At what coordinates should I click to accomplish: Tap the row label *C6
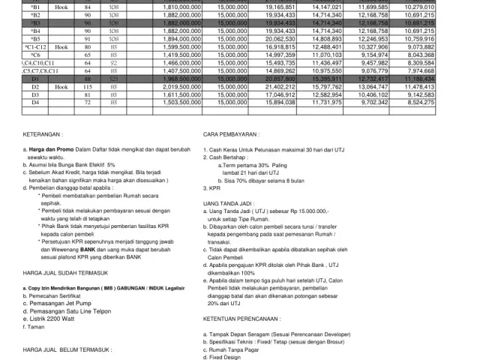[x=36, y=54]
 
